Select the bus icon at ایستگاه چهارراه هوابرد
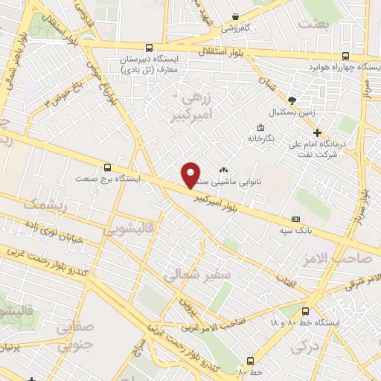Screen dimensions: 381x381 point(345,56)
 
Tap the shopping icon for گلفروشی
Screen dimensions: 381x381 point(235,16)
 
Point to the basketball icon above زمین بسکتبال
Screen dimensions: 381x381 point(292,100)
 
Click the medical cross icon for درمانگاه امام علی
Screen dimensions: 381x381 point(317,132)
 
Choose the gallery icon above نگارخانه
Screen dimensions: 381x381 point(259,127)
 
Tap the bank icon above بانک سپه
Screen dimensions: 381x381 point(297,220)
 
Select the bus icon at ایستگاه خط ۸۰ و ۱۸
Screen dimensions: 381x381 point(307,311)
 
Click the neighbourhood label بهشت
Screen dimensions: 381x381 point(313,25)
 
